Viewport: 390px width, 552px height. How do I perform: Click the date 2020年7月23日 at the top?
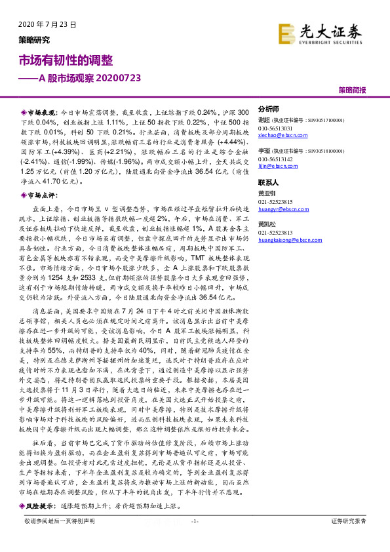(x=44, y=24)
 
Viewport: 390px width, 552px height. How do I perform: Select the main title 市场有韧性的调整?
(x=65, y=60)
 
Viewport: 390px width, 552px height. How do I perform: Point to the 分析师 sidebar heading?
(x=269, y=109)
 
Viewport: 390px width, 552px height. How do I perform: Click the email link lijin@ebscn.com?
(x=274, y=167)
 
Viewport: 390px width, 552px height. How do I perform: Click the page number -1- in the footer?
(x=194, y=539)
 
